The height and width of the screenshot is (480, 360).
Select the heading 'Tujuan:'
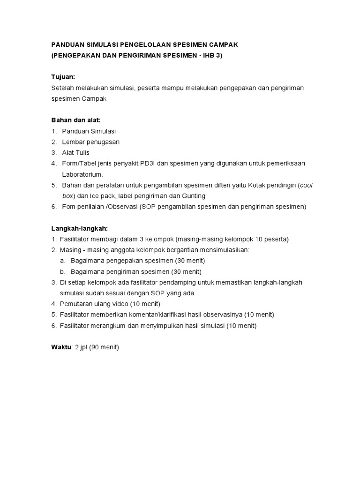tap(63, 77)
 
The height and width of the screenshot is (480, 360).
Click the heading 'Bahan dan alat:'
tap(76, 120)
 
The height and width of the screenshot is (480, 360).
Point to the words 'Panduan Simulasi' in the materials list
tap(89, 131)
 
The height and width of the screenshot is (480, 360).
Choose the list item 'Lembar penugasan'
tap(90, 142)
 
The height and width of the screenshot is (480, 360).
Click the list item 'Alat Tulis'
tap(75, 153)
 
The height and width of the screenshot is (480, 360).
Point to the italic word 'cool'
tap(306, 185)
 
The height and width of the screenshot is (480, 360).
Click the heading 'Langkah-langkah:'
tap(80, 228)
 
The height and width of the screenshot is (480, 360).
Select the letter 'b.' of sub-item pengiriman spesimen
tap(62, 272)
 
